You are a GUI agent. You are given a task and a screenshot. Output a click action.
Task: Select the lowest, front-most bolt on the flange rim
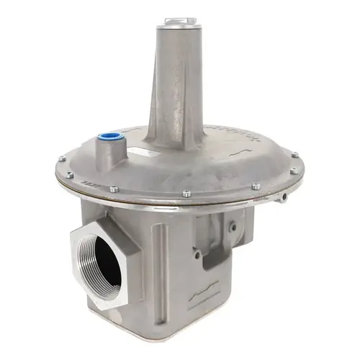point(186,194)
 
